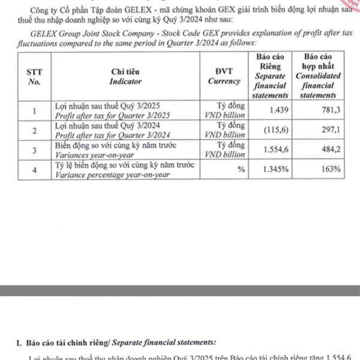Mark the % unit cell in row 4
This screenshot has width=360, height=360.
(x=241, y=170)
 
